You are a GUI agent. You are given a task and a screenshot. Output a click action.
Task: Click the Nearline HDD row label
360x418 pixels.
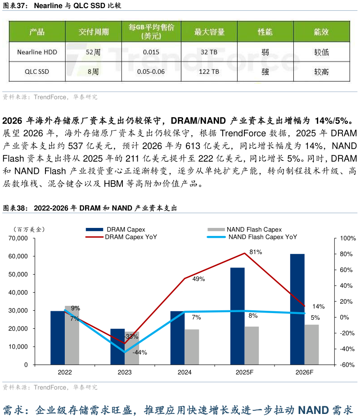click(x=37, y=52)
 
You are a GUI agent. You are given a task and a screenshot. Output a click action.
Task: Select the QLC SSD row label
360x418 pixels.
click(x=37, y=71)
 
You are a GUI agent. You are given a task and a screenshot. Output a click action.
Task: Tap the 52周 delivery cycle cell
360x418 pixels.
click(x=93, y=52)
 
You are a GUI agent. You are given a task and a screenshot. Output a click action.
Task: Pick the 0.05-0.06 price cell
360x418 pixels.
click(x=151, y=71)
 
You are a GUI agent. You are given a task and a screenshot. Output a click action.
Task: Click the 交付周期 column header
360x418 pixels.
click(x=93, y=32)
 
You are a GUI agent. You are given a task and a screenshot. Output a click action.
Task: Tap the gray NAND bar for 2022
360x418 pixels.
click(x=72, y=335)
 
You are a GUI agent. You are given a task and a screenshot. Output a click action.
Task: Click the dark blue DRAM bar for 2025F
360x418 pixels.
click(x=237, y=316)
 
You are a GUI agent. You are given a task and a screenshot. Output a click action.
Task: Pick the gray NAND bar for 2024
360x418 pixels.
click(x=192, y=347)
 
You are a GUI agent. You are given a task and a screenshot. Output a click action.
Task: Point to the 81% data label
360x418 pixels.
click(x=256, y=252)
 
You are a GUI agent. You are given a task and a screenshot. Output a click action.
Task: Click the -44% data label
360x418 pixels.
click(x=139, y=352)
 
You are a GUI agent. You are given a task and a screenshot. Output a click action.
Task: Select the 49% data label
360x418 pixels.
click(x=198, y=279)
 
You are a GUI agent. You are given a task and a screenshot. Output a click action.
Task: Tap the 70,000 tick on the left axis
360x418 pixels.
click(x=19, y=238)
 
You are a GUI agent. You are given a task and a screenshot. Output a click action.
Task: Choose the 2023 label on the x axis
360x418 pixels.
click(x=125, y=372)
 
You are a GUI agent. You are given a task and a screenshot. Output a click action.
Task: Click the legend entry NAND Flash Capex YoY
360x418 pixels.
click(x=262, y=237)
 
